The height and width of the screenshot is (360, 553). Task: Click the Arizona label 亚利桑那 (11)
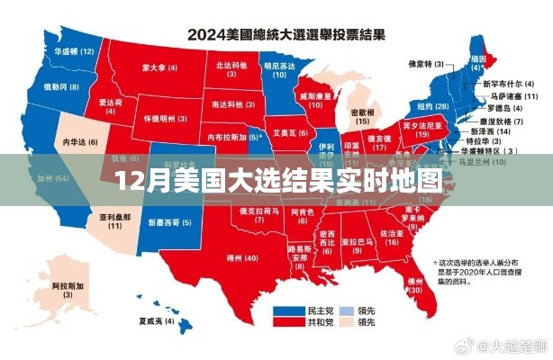[x=114, y=222]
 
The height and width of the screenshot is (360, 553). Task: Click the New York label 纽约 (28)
[x=423, y=104]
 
